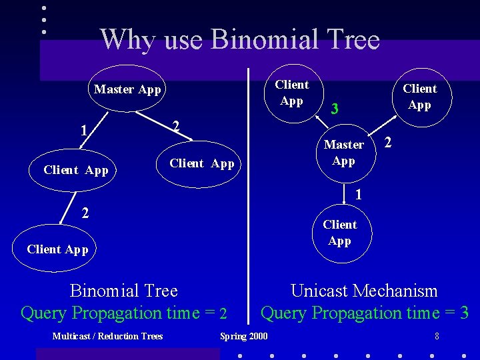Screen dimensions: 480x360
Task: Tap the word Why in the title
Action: click(127, 40)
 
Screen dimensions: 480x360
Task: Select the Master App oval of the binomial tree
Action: click(127, 89)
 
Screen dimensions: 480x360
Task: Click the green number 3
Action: click(335, 109)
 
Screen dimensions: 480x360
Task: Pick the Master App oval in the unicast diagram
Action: click(343, 153)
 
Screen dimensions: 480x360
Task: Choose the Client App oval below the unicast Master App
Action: click(340, 233)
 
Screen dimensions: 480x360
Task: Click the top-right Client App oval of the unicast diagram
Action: click(419, 97)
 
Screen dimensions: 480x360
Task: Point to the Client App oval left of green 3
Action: click(291, 93)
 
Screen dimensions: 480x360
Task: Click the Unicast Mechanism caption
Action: click(364, 291)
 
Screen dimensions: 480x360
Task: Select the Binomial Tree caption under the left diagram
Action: click(124, 291)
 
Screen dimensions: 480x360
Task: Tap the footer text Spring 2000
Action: click(244, 336)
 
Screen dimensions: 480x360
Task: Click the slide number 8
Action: click(437, 336)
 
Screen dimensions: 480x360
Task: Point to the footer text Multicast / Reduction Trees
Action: click(107, 336)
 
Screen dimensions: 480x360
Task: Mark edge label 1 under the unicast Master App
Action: click(359, 195)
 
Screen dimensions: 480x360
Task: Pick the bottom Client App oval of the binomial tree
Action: click(57, 249)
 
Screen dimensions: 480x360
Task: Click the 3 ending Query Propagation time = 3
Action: click(464, 313)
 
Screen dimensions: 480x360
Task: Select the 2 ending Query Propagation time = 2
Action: click(224, 313)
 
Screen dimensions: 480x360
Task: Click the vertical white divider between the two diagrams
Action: click(249, 200)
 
